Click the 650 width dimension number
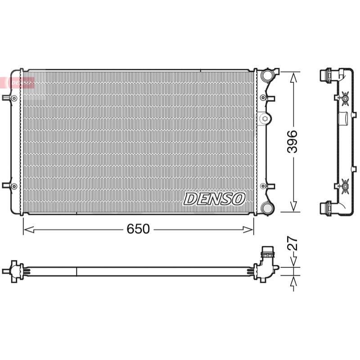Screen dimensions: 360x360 coord(138,229)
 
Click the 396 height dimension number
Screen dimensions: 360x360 coord(292,142)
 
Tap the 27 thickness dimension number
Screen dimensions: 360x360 coord(292,243)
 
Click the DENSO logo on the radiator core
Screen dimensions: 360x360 coord(214,199)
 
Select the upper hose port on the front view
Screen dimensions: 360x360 coord(267,75)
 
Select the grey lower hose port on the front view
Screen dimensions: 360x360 coord(267,208)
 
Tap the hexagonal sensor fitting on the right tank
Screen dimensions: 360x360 coord(264,118)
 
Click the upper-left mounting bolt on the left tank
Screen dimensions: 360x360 coord(14,98)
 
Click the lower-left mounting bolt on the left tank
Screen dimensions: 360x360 coord(14,186)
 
